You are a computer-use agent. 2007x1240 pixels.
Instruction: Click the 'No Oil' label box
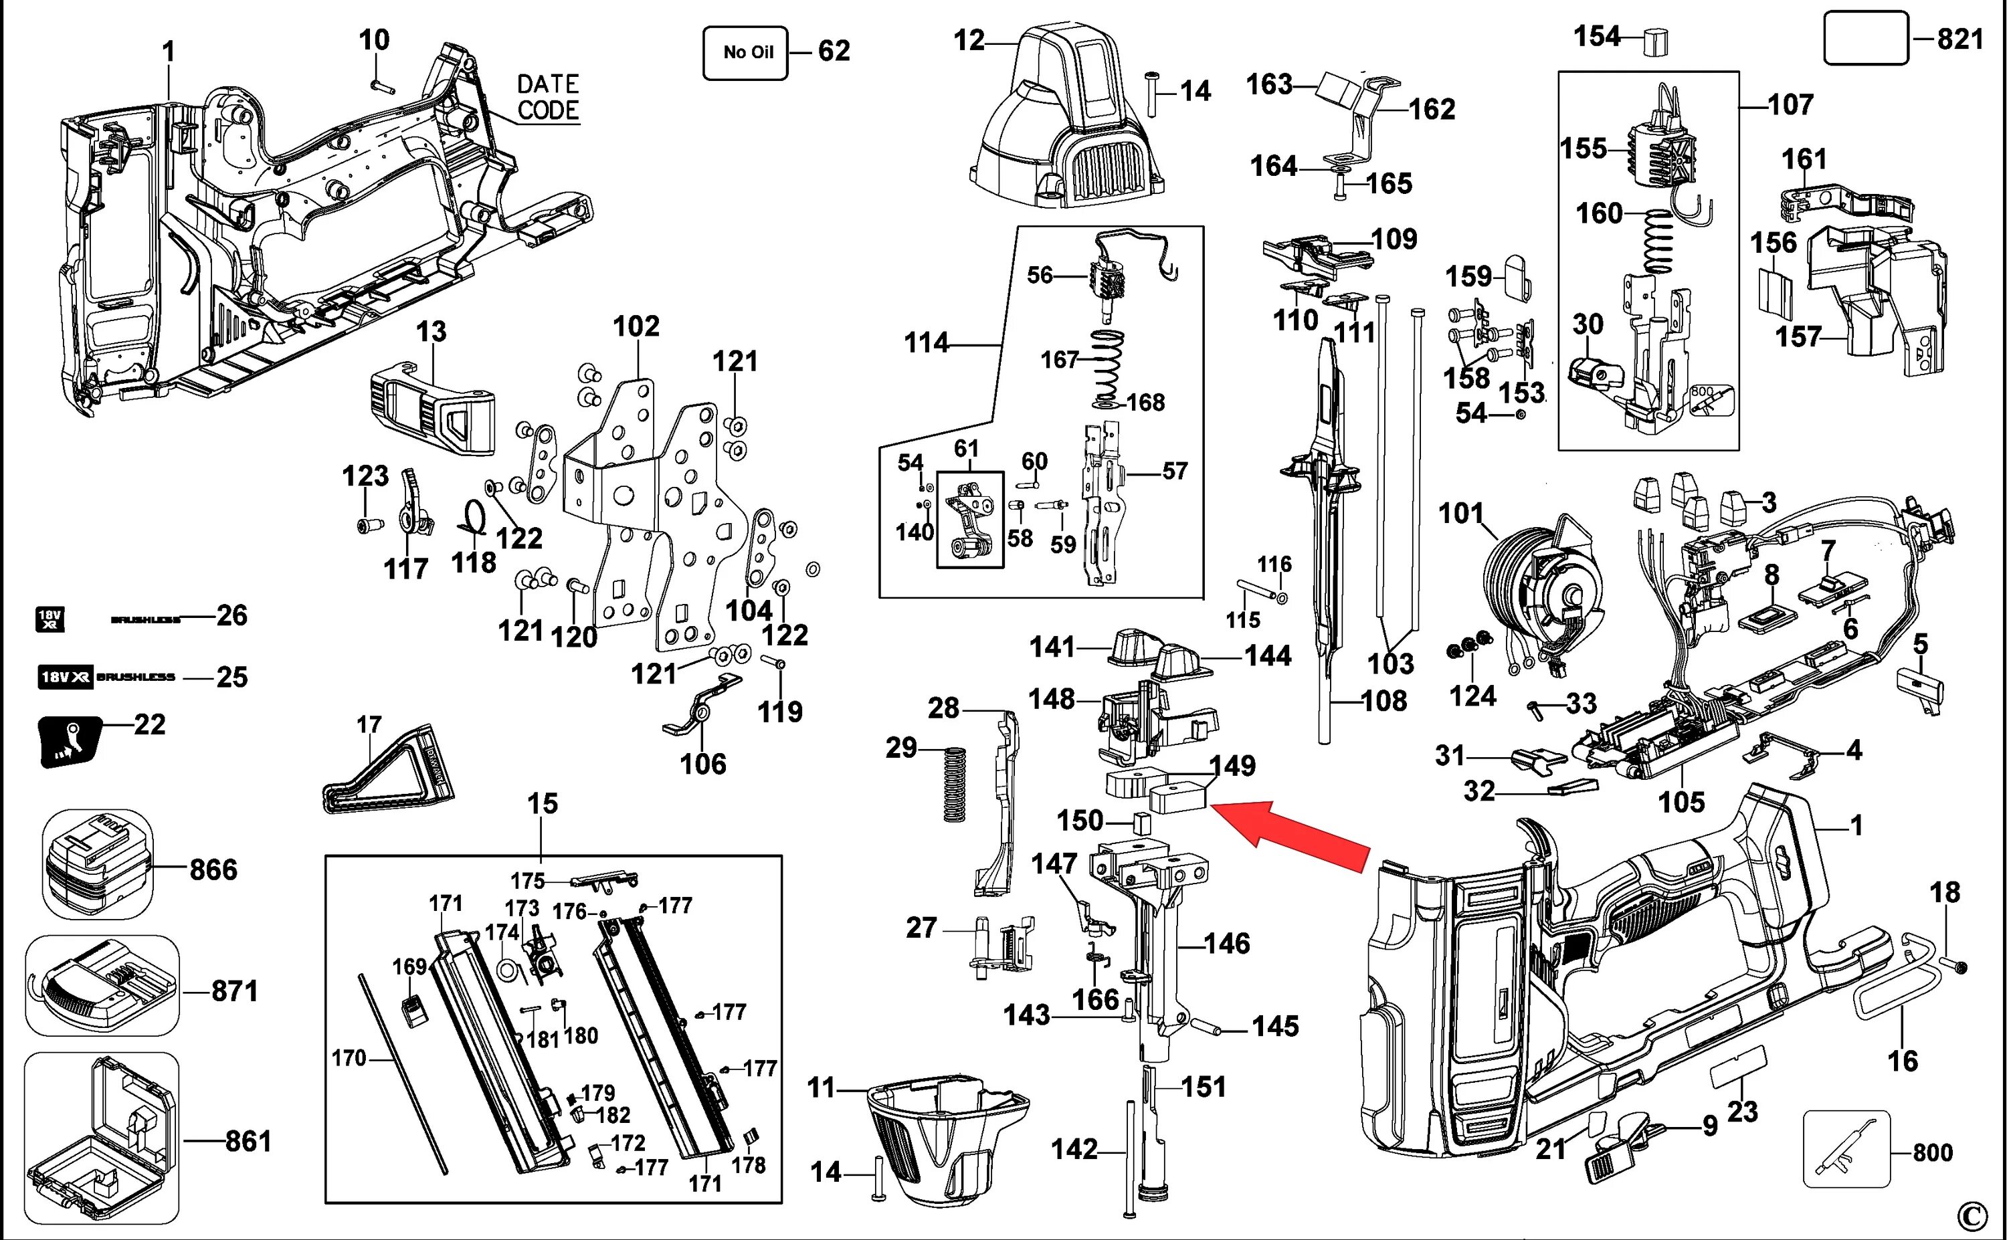tap(745, 52)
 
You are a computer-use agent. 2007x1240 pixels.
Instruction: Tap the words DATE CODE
tap(548, 97)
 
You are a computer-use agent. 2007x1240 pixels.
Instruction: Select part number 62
tap(834, 51)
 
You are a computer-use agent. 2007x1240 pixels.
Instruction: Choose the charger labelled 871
tap(102, 987)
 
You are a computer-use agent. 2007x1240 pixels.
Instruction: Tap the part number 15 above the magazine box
tap(542, 804)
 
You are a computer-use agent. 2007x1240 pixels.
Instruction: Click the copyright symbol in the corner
tap(1989, 1215)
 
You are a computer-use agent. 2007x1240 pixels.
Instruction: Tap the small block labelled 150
tap(1139, 823)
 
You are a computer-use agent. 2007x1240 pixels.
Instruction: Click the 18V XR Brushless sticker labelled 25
tap(106, 678)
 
